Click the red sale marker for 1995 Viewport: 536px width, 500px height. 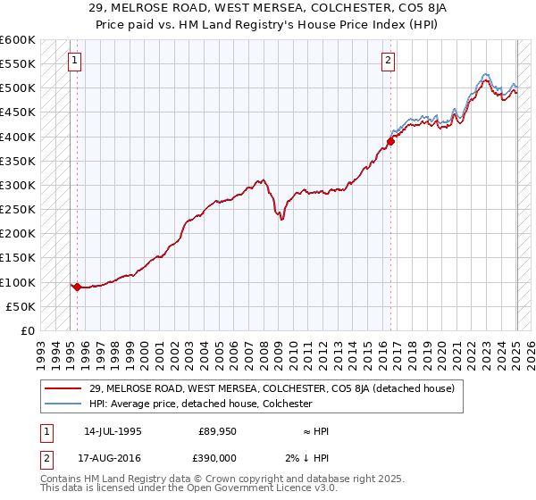click(x=78, y=287)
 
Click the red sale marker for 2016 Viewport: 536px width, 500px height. click(x=391, y=141)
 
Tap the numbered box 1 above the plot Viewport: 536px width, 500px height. click(x=73, y=61)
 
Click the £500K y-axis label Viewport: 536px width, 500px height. click(x=18, y=88)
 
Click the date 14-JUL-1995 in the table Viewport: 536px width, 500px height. click(x=113, y=430)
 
